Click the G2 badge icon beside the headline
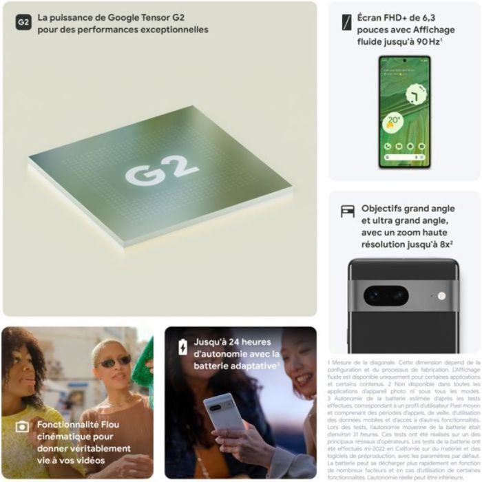point(23,22)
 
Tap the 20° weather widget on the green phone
point(393,123)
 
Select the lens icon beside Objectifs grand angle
point(348,211)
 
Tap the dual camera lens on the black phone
point(386,295)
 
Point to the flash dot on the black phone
point(441,296)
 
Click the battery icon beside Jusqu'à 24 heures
point(182,347)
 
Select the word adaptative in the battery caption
point(251,366)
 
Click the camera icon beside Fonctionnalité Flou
point(22,427)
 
